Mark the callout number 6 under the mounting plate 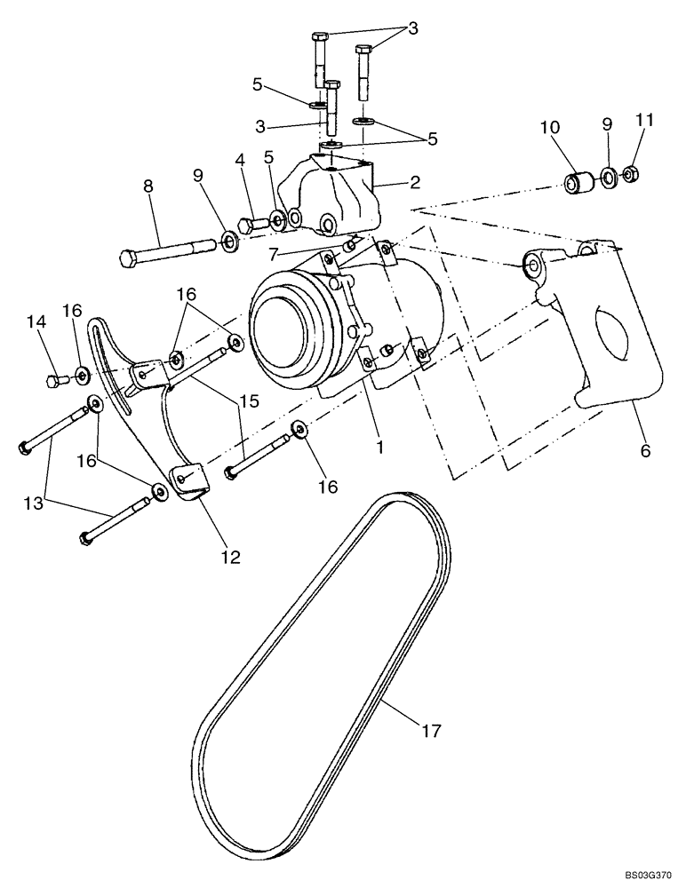click(x=644, y=451)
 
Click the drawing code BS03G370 click(x=646, y=875)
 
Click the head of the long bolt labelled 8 click(x=126, y=259)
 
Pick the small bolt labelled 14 click(x=56, y=382)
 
